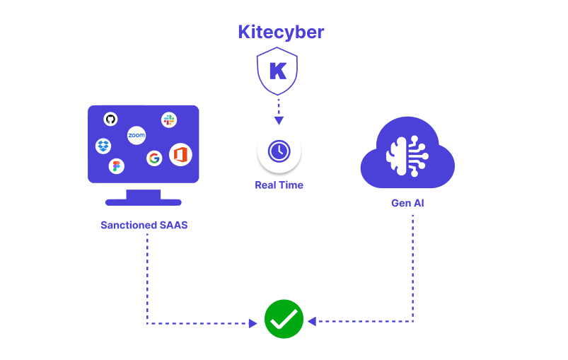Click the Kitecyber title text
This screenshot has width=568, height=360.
click(x=281, y=33)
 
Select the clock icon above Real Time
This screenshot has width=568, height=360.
click(x=279, y=151)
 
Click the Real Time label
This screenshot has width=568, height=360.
click(x=279, y=185)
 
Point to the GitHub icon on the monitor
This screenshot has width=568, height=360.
click(x=110, y=119)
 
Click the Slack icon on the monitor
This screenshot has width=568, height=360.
click(x=168, y=120)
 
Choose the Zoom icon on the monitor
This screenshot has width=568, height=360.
click(x=137, y=134)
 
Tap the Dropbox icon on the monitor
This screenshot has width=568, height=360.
click(x=103, y=146)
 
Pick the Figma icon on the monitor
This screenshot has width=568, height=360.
click(x=117, y=166)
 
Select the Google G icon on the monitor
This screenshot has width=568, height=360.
click(x=154, y=158)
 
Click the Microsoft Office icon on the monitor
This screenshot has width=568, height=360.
click(x=180, y=154)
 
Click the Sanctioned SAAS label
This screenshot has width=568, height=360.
click(x=144, y=226)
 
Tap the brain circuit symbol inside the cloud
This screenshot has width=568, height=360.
click(x=407, y=156)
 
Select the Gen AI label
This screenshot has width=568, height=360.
click(x=407, y=204)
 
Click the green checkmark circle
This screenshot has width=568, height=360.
click(x=284, y=319)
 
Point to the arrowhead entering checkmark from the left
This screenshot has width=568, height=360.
click(x=253, y=323)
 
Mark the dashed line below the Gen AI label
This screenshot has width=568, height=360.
click(x=412, y=262)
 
